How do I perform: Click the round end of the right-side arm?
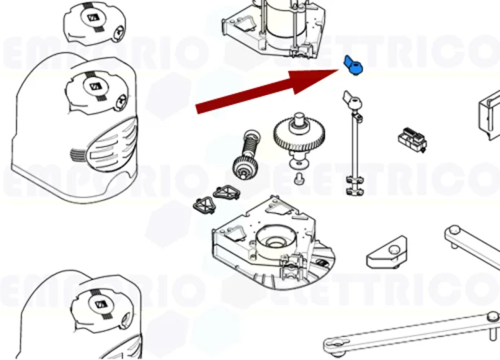pyautogui.click(x=453, y=233)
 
